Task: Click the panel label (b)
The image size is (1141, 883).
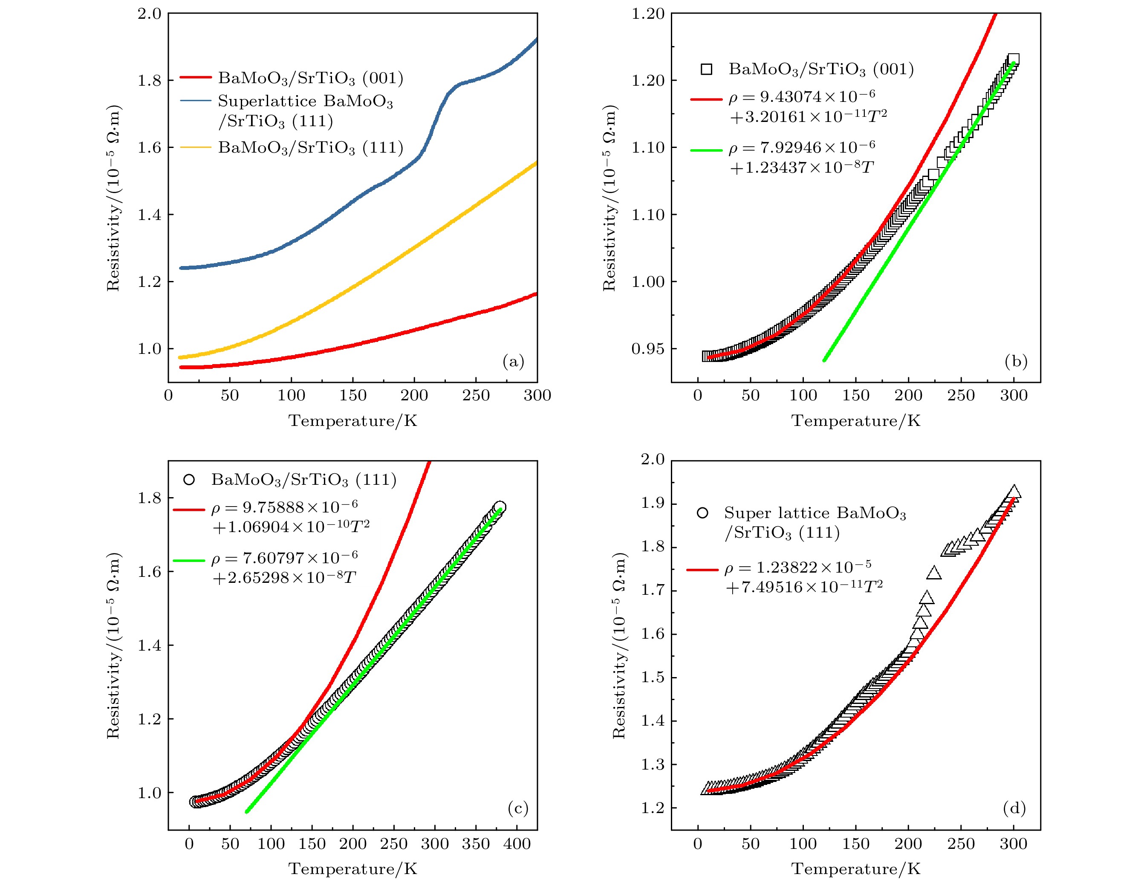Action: click(1016, 362)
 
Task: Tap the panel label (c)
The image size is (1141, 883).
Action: click(518, 809)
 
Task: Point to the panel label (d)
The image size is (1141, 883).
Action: click(1014, 809)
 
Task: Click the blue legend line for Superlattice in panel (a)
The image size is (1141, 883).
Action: click(195, 101)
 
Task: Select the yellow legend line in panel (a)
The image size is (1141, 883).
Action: click(195, 148)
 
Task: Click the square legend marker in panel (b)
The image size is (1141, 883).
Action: click(706, 69)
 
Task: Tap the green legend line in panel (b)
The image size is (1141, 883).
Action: click(706, 150)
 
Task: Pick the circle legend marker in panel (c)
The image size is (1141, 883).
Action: click(189, 480)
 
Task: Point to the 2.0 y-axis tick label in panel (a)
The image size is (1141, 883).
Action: click(150, 14)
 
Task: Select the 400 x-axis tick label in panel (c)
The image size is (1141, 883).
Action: click(517, 844)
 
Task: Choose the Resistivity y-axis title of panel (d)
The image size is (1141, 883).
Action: click(619, 645)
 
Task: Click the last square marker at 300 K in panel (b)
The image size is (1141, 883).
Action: click(1013, 60)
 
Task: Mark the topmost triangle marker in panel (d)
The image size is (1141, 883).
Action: click(1014, 492)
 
